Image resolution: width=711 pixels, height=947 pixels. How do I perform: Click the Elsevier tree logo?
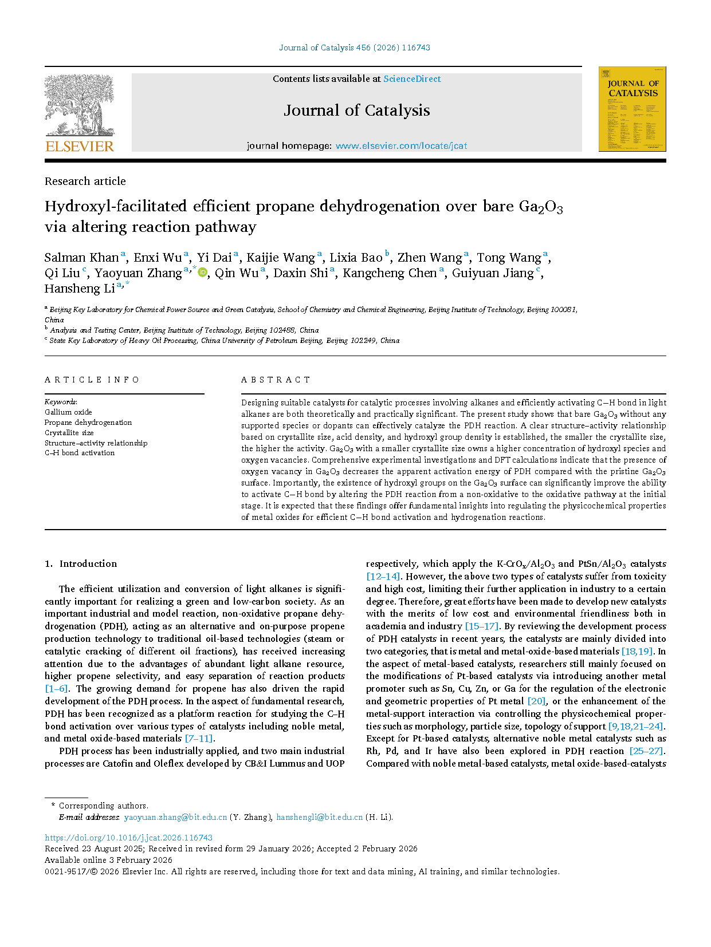[79, 105]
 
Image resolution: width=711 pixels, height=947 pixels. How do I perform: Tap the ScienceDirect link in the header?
[412, 79]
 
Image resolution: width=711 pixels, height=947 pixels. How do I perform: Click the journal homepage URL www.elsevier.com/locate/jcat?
[401, 146]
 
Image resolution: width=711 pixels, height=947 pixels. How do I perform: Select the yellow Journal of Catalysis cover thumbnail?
[632, 109]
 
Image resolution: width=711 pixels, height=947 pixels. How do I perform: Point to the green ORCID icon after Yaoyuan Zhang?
[202, 273]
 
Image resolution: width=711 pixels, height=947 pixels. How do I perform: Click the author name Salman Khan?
[81, 258]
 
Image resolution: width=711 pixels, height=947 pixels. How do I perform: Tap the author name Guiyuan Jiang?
[493, 273]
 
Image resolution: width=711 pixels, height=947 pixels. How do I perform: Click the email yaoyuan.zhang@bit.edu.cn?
[175, 817]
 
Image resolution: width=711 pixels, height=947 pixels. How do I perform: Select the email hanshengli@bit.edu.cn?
[319, 817]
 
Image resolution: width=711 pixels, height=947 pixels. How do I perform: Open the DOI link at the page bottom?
[128, 837]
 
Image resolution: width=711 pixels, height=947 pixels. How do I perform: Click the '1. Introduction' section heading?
[81, 563]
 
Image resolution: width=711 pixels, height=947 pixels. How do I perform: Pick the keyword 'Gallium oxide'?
[68, 412]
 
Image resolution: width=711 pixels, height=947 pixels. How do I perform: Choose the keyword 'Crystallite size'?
[69, 433]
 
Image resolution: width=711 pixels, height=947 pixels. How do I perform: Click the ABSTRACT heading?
[276, 380]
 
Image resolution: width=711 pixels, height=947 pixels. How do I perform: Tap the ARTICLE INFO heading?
[92, 380]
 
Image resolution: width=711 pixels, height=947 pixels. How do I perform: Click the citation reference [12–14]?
[383, 577]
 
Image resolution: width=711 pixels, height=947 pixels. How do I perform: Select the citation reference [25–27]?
[646, 751]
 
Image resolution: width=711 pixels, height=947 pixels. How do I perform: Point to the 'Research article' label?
[85, 181]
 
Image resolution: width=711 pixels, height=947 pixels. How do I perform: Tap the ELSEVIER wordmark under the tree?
[80, 147]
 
